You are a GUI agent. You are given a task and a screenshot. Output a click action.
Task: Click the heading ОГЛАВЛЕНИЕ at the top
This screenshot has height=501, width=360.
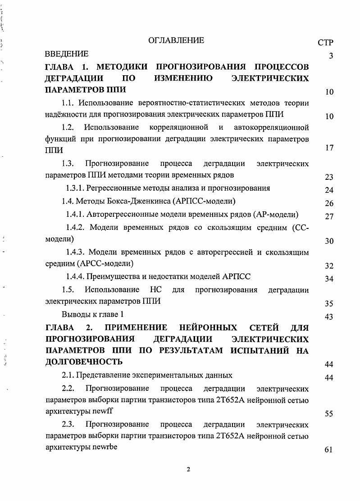click(176, 41)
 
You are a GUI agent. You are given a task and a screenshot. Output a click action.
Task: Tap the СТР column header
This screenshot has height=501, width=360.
click(325, 43)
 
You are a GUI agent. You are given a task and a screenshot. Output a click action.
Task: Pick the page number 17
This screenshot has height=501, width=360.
click(329, 148)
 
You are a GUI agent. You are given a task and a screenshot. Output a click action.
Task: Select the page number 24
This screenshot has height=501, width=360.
click(329, 190)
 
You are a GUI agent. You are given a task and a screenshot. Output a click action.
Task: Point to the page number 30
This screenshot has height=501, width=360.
click(329, 241)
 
